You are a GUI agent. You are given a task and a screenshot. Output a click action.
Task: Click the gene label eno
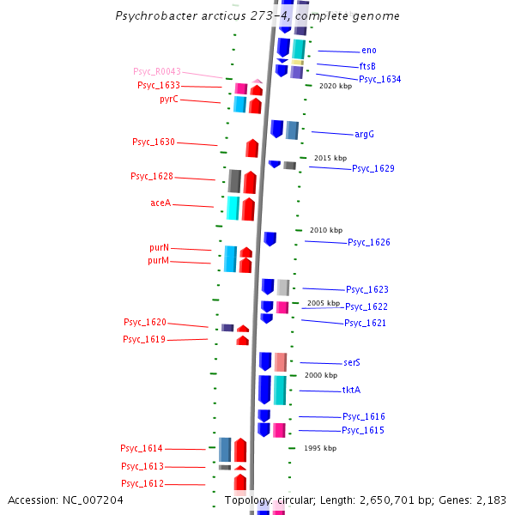click(x=369, y=51)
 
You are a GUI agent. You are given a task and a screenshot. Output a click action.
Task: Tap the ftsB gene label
click(x=367, y=66)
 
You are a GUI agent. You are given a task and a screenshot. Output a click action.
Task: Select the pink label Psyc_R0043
click(x=157, y=71)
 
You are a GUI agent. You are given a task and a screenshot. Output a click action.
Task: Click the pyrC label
click(x=169, y=99)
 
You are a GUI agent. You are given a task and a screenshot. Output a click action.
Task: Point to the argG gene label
click(x=364, y=135)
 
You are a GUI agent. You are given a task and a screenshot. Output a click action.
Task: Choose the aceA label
click(x=161, y=203)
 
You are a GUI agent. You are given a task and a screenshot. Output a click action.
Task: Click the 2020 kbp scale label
click(x=336, y=86)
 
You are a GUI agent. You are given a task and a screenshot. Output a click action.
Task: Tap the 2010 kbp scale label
click(x=326, y=230)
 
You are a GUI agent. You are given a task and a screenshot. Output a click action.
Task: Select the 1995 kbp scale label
click(x=320, y=448)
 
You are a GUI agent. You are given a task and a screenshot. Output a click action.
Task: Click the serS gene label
click(x=352, y=362)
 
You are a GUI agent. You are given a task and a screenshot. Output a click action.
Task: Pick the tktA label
click(x=351, y=390)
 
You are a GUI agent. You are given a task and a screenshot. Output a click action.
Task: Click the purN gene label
click(x=160, y=248)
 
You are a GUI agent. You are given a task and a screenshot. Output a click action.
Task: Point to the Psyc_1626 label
click(x=369, y=242)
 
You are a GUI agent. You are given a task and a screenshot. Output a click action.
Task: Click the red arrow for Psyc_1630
click(x=251, y=148)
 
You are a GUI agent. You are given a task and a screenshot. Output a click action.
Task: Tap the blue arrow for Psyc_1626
click(x=270, y=239)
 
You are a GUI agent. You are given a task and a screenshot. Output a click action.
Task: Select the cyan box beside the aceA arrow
click(x=233, y=209)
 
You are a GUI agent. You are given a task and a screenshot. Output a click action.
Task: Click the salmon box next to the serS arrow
click(x=281, y=362)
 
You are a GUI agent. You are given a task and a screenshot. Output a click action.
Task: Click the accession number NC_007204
click(x=93, y=500)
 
